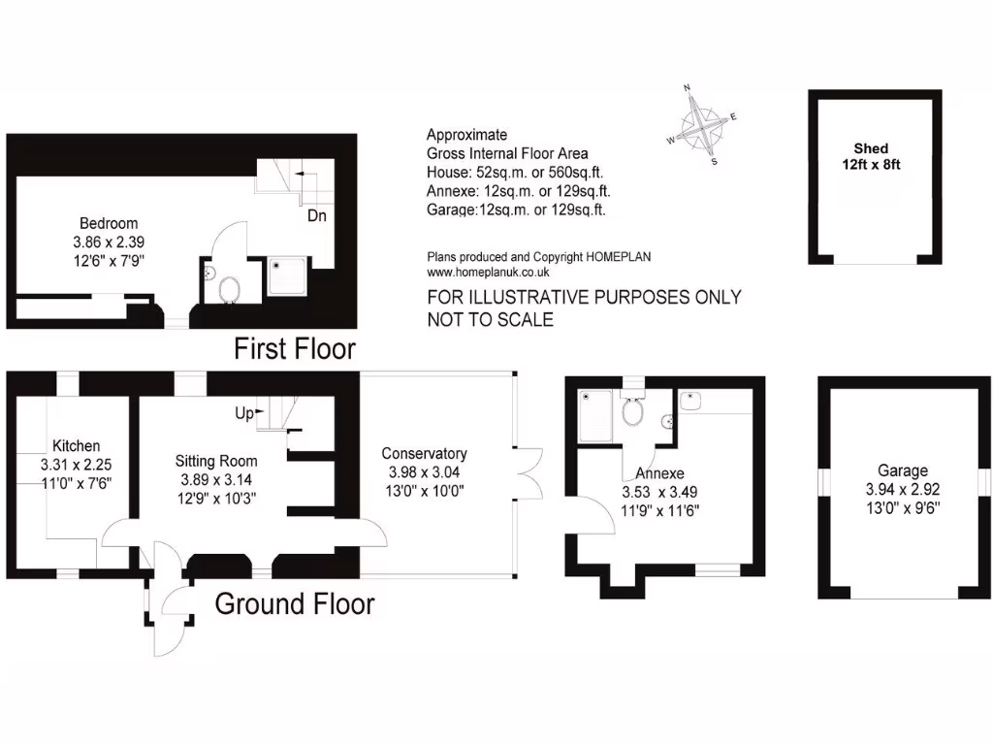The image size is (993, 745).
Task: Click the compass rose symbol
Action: [708, 124]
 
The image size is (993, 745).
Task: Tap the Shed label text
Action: [871, 148]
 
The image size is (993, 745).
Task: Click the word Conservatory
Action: [424, 453]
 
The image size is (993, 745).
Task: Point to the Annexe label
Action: [660, 473]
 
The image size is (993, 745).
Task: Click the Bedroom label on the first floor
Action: [109, 223]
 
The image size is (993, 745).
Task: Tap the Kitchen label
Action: [76, 445]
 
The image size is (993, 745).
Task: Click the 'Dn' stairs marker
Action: [316, 216]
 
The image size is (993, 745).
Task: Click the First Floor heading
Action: [295, 348]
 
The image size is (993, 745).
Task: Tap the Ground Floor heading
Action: [294, 603]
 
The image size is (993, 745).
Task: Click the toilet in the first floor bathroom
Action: [231, 288]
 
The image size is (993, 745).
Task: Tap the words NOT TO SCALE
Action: [490, 319]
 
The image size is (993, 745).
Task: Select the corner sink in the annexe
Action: [692, 400]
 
